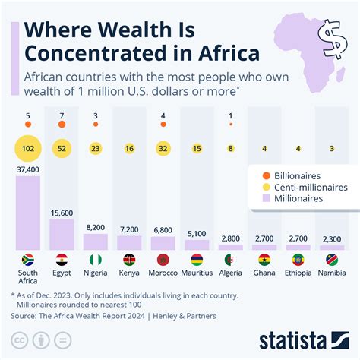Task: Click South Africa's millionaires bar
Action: pos(27,216)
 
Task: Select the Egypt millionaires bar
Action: pos(62,235)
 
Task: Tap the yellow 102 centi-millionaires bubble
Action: pos(27,149)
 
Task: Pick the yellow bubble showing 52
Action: pos(62,149)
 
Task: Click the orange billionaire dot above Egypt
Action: pos(62,123)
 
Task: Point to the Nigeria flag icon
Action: pos(96,259)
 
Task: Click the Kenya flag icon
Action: pos(129,259)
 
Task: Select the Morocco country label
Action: pos(163,273)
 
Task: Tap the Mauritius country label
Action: pos(197,273)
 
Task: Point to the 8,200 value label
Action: pos(96,226)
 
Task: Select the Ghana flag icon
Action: pos(264,259)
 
